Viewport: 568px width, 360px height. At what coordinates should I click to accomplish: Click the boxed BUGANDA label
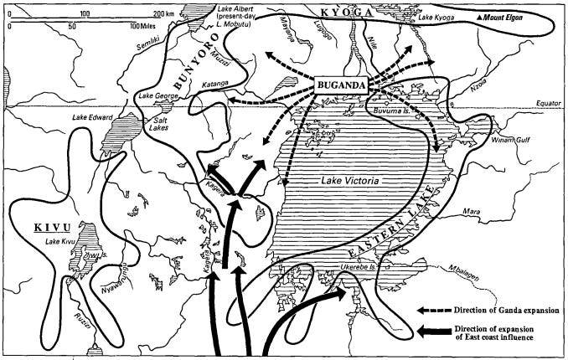345,85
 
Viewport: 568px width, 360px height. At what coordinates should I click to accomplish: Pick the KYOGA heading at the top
346,10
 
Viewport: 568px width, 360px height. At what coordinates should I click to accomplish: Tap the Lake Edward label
91,118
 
